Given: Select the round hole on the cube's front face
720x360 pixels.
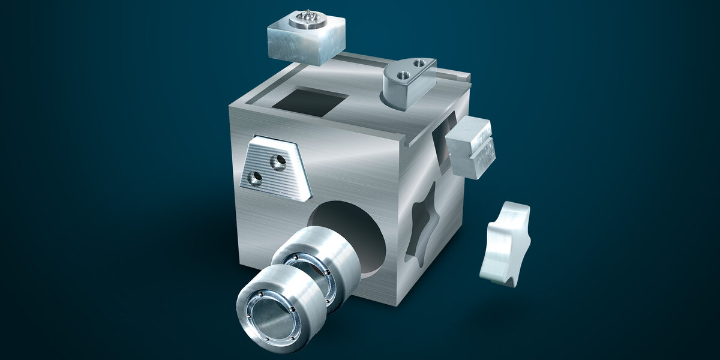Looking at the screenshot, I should click(354, 231).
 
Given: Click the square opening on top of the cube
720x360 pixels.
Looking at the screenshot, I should click(310, 102).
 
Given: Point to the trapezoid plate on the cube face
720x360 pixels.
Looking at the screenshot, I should click(276, 168).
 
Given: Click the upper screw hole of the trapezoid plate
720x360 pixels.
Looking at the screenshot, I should click(277, 160).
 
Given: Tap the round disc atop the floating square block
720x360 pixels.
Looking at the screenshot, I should click(307, 21).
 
